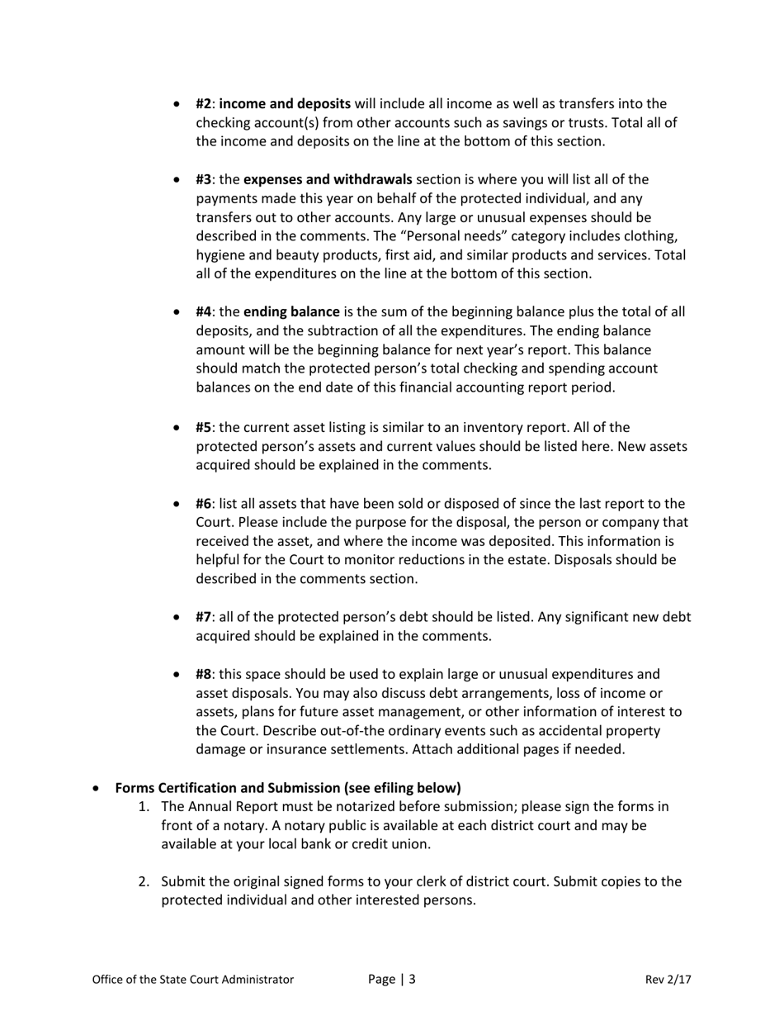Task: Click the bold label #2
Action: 205,104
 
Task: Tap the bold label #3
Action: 205,179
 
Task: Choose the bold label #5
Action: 205,428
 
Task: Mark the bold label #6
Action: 205,504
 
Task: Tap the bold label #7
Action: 205,617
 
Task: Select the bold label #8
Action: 205,675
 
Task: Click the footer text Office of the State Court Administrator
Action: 192,980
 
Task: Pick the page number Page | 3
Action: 391,980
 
